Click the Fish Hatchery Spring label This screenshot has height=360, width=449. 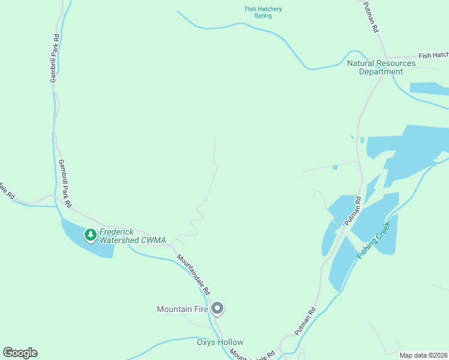tap(263, 12)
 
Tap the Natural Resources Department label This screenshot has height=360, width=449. tap(381, 67)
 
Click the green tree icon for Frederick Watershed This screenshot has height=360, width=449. tap(91, 235)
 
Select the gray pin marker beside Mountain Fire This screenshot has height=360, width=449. tap(218, 309)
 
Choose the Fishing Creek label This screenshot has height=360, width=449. tap(373, 240)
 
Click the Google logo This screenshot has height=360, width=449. tap(20, 353)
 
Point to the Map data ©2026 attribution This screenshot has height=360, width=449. tap(423, 355)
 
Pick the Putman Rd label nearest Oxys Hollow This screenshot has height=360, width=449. tap(305, 322)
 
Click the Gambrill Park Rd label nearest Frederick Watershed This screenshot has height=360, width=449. tap(65, 184)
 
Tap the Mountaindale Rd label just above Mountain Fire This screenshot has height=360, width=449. tap(193, 273)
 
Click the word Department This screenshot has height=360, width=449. tap(381, 72)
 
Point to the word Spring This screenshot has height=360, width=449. tap(263, 16)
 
